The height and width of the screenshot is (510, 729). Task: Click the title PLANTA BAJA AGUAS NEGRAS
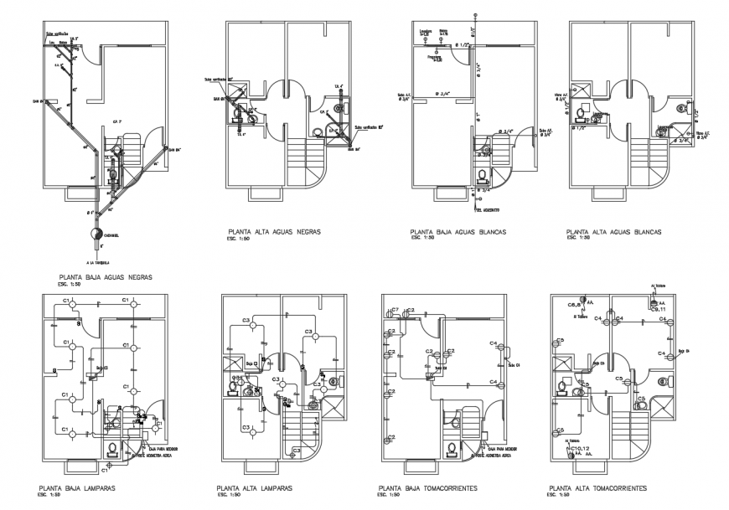coord(105,276)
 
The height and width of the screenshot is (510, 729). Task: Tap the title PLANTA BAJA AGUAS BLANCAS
coord(462,230)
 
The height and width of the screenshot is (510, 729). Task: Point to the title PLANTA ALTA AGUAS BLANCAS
coord(614,230)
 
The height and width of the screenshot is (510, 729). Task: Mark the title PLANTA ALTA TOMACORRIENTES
coord(597,487)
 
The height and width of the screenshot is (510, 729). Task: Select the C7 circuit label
coord(396,310)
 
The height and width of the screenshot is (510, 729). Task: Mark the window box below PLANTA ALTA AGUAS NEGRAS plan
coord(262,193)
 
